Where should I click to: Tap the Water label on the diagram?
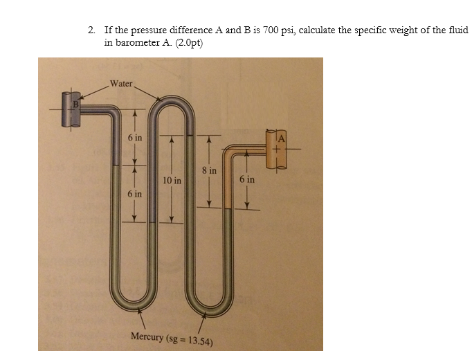(121, 83)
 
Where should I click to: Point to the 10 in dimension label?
(172, 181)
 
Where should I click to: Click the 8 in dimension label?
(209, 170)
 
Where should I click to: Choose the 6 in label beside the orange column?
(247, 179)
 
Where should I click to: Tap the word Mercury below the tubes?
(147, 337)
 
